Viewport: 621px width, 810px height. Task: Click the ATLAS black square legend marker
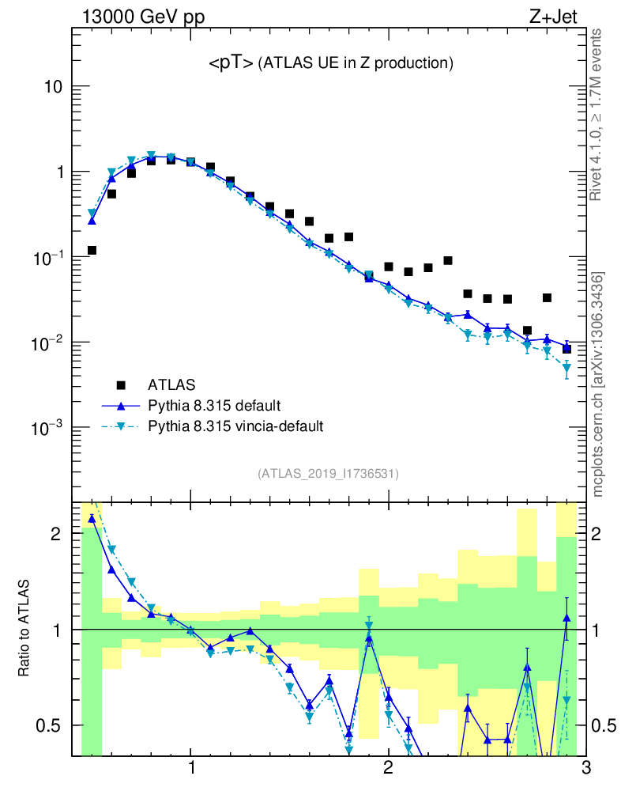121,385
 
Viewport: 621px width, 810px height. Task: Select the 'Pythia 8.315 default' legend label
213,406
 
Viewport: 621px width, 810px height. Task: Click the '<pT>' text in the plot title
231,64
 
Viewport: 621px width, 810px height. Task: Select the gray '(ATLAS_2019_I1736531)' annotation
328,474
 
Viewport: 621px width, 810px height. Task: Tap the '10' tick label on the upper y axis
54,86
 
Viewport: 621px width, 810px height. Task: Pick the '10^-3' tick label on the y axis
48,428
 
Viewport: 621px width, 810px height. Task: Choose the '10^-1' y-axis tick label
48,257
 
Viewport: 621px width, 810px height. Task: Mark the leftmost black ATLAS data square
92,250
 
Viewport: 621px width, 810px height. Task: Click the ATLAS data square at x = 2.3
448,260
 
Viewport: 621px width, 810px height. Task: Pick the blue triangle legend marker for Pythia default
121,406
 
